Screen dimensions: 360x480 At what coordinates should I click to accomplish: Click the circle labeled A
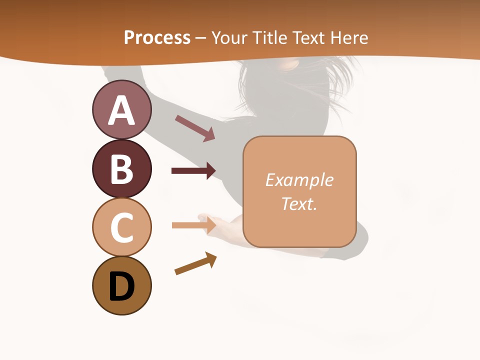click(x=121, y=110)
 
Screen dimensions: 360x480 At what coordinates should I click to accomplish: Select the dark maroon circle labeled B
click(x=121, y=168)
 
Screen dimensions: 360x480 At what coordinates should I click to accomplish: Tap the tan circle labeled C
click(x=121, y=227)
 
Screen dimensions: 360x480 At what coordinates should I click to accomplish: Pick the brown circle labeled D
click(x=121, y=286)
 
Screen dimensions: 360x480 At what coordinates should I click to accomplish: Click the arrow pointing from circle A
click(x=195, y=128)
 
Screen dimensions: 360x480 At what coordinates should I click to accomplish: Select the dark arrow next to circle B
click(x=193, y=171)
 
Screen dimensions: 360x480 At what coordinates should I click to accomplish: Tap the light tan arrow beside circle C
click(x=193, y=225)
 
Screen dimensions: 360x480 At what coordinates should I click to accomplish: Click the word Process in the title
click(x=157, y=37)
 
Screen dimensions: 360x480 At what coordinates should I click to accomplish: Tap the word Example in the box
click(x=299, y=180)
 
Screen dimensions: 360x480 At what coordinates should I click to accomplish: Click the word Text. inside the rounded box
click(x=299, y=203)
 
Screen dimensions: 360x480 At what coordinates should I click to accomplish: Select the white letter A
click(x=121, y=110)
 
